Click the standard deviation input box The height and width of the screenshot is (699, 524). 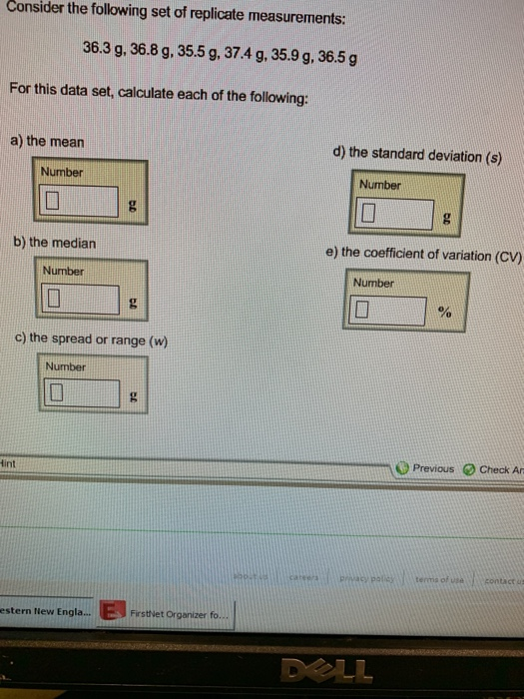398,212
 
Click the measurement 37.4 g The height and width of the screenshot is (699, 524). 258,52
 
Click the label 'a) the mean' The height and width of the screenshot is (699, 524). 47,142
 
